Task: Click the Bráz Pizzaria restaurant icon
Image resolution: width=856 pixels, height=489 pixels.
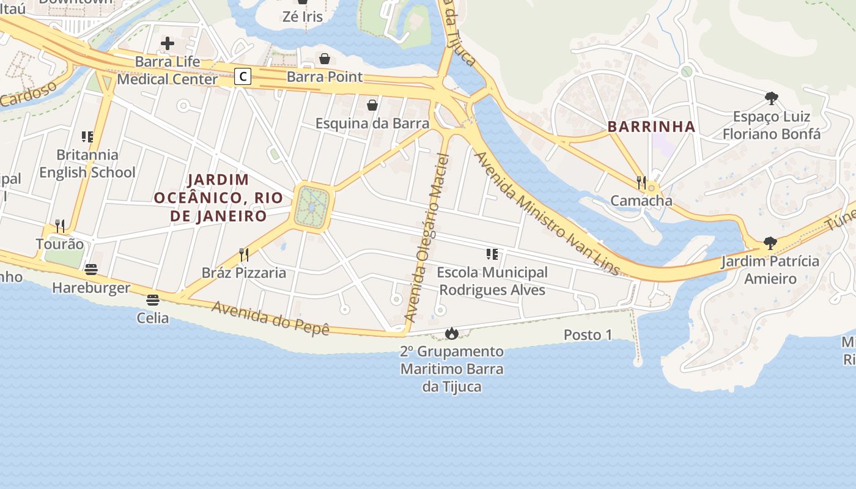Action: point(243,254)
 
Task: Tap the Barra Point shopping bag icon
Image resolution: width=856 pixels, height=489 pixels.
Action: point(325,59)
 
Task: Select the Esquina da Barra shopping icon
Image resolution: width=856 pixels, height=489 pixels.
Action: point(372,105)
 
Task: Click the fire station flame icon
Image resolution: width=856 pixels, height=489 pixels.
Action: point(452,333)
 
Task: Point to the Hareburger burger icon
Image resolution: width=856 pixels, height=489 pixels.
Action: point(91,270)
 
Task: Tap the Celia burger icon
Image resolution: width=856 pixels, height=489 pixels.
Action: point(153,300)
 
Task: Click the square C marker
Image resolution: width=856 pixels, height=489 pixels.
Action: point(243,76)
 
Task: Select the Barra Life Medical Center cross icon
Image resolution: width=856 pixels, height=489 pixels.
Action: point(167,43)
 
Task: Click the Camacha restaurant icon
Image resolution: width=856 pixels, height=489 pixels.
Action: point(641,182)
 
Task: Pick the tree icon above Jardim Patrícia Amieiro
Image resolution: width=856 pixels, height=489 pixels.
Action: point(770,243)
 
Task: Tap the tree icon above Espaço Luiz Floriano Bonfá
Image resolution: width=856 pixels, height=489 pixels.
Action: point(772,98)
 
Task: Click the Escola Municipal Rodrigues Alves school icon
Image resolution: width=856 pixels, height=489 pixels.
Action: point(492,254)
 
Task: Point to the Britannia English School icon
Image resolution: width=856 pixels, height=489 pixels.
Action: point(87,136)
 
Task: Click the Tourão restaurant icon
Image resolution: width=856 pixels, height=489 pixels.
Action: point(59,226)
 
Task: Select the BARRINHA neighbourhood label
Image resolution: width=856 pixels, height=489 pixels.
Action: point(651,127)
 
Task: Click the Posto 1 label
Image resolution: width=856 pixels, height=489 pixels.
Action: point(587,334)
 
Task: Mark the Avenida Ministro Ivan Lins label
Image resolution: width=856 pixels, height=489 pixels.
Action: point(547,214)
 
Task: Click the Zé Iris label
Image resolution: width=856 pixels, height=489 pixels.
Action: point(302,17)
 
